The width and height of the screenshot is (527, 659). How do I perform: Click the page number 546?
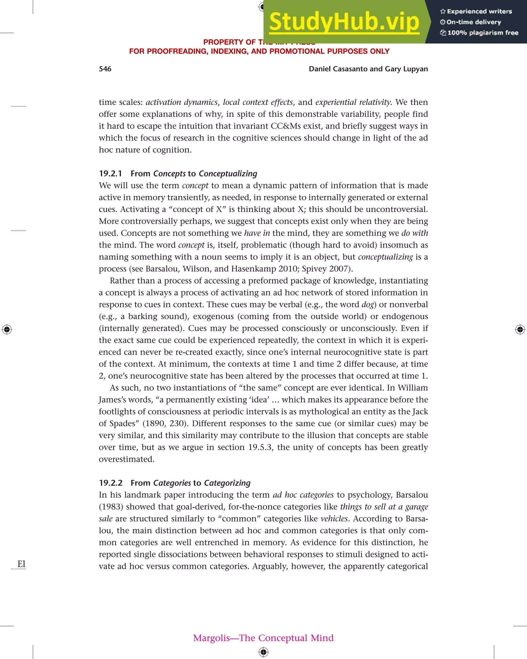pyautogui.click(x=105, y=69)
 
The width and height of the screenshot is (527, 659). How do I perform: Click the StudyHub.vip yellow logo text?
pyautogui.click(x=344, y=22)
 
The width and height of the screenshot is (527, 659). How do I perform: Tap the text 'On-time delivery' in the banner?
pyautogui.click(x=473, y=22)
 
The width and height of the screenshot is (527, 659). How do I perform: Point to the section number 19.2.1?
pyautogui.click(x=110, y=174)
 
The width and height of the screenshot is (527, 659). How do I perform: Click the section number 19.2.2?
pyautogui.click(x=111, y=483)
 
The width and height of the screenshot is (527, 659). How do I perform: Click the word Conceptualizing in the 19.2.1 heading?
pyautogui.click(x=228, y=174)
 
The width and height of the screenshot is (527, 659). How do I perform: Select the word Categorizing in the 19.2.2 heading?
pyautogui.click(x=227, y=483)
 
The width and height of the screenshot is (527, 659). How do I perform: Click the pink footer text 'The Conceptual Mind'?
pyautogui.click(x=286, y=638)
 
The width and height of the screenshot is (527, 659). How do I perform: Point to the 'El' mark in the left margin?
pyautogui.click(x=21, y=564)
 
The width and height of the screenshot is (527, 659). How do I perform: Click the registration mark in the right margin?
pyautogui.click(x=520, y=329)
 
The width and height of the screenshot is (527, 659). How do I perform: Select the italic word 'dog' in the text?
pyautogui.click(x=367, y=305)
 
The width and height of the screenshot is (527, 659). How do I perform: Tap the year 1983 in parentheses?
pyautogui.click(x=111, y=507)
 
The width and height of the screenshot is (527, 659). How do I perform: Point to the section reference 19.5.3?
pyautogui.click(x=259, y=447)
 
